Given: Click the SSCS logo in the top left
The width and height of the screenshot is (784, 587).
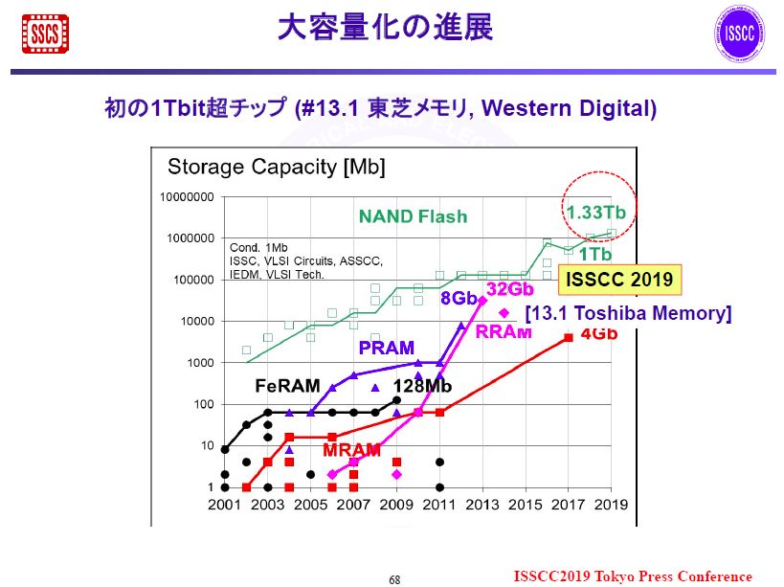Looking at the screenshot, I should point(45,34).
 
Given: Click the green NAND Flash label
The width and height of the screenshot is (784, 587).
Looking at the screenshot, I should point(413,216).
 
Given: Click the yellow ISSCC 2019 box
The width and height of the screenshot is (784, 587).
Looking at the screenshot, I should point(619,280).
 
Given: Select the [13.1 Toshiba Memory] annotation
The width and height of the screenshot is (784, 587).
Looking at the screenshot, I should point(628,313).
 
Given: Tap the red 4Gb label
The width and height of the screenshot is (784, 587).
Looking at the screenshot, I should point(598,334).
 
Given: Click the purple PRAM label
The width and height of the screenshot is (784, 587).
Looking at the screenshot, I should point(387,348).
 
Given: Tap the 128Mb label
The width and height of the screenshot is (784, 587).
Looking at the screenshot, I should point(422,386).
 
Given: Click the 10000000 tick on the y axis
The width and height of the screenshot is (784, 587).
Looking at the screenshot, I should point(191,197).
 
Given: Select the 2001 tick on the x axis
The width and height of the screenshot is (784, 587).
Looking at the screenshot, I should point(224,505).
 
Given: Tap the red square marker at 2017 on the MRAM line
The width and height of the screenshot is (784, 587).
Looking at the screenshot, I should point(569,337).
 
